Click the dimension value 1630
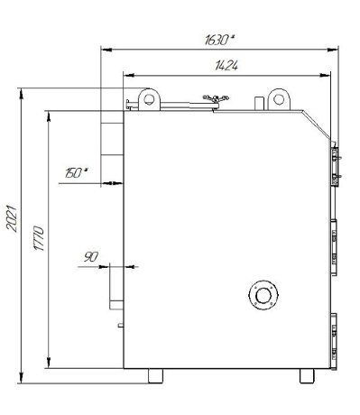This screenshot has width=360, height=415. click(217, 40)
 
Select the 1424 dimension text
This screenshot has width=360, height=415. click(226, 66)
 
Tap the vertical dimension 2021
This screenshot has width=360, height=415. click(12, 218)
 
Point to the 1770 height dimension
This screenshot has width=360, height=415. click(39, 238)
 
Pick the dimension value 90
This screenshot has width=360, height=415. click(91, 257)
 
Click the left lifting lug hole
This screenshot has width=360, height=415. click(149, 99)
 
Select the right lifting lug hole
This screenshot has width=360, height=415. click(279, 99)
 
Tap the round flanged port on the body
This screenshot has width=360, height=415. click(263, 295)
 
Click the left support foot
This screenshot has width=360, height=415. click(155, 376)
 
